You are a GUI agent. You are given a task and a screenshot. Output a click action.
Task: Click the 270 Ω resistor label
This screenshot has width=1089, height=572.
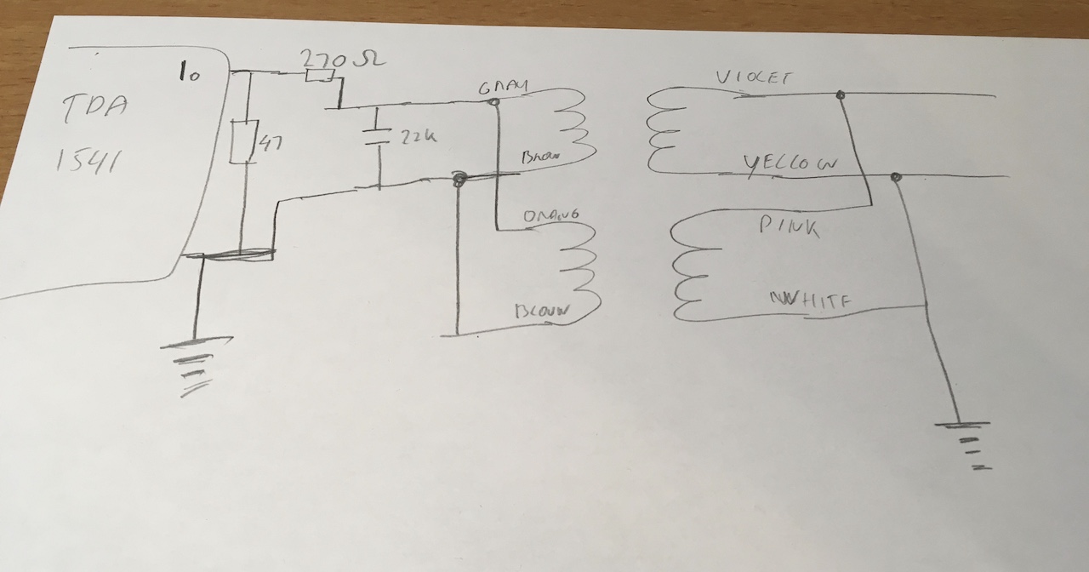click(342, 59)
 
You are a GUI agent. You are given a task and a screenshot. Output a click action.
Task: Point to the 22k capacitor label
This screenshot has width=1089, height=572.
click(417, 134)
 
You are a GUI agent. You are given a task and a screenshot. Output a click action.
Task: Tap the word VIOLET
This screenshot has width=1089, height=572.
click(754, 79)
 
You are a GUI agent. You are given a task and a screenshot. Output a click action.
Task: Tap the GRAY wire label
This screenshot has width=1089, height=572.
click(503, 88)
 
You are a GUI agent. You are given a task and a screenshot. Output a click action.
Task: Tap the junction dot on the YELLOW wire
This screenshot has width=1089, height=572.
click(895, 177)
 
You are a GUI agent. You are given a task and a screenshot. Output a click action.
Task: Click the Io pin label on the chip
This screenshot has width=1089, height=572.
click(189, 73)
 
